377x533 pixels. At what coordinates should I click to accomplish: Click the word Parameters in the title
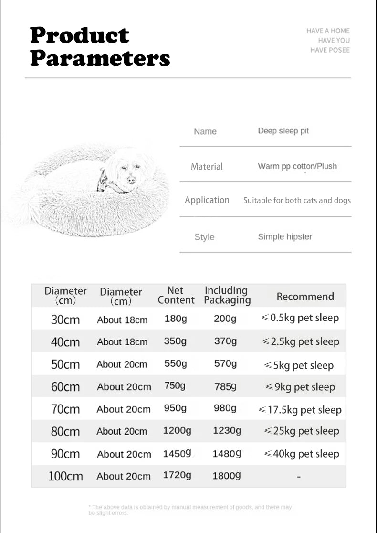click(x=100, y=58)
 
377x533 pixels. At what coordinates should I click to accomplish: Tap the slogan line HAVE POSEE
click(x=330, y=50)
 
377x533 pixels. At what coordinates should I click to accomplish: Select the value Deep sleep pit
click(x=283, y=131)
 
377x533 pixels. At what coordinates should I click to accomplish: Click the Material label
click(x=207, y=166)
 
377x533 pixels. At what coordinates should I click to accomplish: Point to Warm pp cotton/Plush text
click(x=297, y=166)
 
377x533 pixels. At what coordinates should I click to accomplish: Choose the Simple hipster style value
click(x=285, y=237)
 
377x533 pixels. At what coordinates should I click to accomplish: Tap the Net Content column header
click(x=176, y=295)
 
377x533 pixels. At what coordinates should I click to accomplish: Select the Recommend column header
click(x=305, y=297)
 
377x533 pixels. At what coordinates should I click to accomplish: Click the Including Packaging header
click(x=227, y=295)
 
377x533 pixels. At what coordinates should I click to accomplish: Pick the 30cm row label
click(x=65, y=320)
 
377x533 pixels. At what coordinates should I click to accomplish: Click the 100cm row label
click(x=65, y=476)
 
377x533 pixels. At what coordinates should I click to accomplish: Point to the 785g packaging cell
click(x=225, y=387)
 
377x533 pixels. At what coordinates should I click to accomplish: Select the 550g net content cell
click(x=176, y=364)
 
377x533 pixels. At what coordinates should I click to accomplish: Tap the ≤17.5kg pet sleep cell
click(x=300, y=410)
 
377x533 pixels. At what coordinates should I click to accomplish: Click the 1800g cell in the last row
click(x=227, y=476)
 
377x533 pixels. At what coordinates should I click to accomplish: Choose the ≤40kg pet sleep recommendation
click(x=302, y=454)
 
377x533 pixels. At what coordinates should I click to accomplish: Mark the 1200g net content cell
click(x=177, y=431)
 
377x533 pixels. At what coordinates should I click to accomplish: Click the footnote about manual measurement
click(x=190, y=510)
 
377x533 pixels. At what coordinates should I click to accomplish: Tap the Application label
click(x=207, y=200)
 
